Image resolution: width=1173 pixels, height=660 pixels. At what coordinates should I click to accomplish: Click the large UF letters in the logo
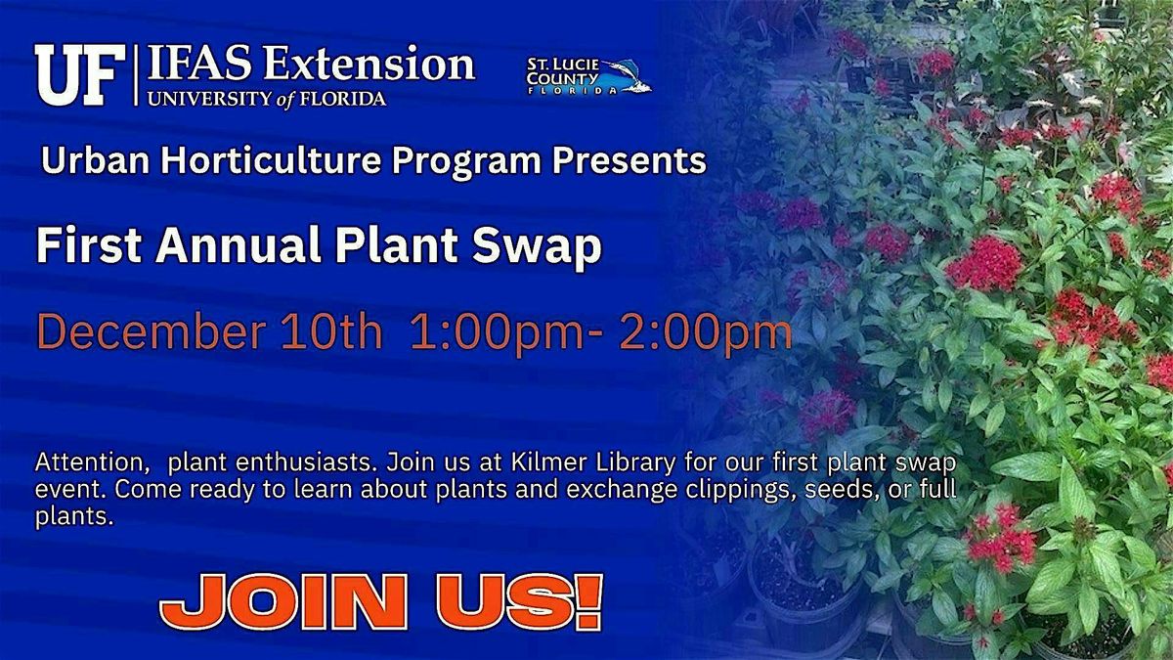79,75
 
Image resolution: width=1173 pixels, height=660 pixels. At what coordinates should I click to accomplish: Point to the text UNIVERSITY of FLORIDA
267,98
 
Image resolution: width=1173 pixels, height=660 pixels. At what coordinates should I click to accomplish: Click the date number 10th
329,333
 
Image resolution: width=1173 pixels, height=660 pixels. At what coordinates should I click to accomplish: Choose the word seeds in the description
837,488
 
